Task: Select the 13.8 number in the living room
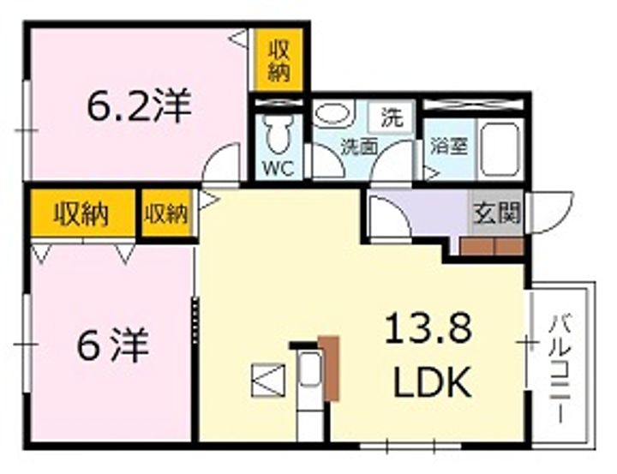tap(428, 328)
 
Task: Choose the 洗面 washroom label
tap(359, 147)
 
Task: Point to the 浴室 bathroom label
tap(448, 146)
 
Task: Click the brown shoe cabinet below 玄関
tap(491, 247)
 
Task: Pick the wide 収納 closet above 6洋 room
tap(82, 214)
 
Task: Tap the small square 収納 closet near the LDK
tap(166, 214)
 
